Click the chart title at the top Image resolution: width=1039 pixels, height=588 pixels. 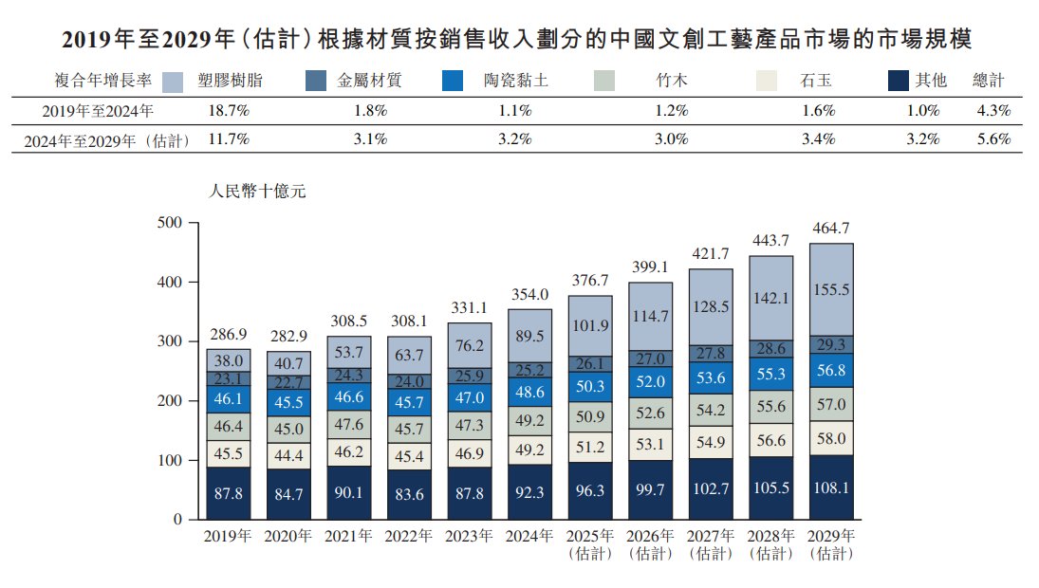pyautogui.click(x=519, y=40)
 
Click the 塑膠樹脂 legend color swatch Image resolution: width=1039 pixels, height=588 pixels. pyautogui.click(x=172, y=82)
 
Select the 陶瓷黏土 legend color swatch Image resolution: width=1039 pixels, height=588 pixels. pyautogui.click(x=453, y=82)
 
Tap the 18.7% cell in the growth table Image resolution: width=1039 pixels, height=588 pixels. pyautogui.click(x=228, y=111)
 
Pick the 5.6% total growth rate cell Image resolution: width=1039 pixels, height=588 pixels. pyautogui.click(x=993, y=139)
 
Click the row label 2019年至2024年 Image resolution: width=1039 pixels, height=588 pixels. pyautogui.click(x=98, y=111)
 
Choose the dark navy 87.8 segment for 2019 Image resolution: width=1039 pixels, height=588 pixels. pyautogui.click(x=229, y=493)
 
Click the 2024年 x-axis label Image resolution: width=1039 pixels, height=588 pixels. pyautogui.click(x=529, y=537)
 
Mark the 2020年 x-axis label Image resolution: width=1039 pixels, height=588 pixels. pyautogui.click(x=288, y=537)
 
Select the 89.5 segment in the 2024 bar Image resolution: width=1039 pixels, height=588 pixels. pyautogui.click(x=529, y=336)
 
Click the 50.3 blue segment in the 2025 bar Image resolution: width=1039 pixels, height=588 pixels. pyautogui.click(x=589, y=385)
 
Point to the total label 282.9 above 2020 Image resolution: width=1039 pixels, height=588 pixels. pyautogui.click(x=288, y=337)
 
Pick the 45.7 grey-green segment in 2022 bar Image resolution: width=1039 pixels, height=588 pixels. pyautogui.click(x=409, y=429)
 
